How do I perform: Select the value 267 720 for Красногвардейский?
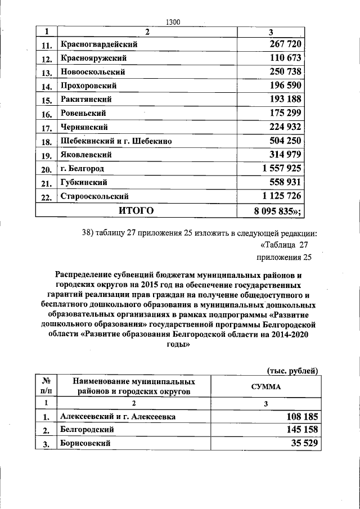[283, 44]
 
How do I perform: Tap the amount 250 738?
[283, 72]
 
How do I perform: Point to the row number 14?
[47, 87]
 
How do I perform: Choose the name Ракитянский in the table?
[86, 99]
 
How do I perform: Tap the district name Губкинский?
[84, 182]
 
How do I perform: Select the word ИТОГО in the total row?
[135, 210]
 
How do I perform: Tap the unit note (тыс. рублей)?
[292, 370]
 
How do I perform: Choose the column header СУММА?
[265, 388]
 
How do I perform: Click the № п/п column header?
[47, 386]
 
